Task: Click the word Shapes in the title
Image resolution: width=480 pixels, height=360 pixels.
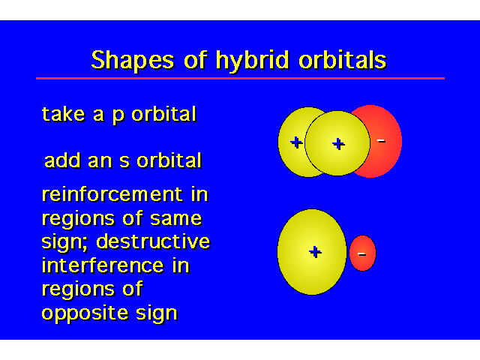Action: coord(133,60)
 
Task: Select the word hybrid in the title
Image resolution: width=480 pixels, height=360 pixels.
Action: coord(253,61)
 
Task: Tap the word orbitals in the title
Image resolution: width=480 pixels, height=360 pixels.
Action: coord(343,59)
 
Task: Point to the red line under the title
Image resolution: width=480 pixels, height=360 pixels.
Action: coord(240,78)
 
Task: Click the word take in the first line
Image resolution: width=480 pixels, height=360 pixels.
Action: coord(63,114)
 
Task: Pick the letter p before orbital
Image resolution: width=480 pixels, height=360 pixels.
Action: coord(118,117)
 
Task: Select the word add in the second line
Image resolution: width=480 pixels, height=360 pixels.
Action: coord(63,160)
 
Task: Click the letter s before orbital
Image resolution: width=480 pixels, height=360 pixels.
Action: coord(124,162)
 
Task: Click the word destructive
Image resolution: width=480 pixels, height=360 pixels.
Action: coord(153,241)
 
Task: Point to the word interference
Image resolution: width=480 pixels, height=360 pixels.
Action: coord(103,265)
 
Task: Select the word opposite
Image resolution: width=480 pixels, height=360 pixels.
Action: coord(85,313)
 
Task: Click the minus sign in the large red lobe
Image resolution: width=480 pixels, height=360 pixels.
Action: coord(381,141)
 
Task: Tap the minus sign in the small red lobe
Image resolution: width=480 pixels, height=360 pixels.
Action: coord(361,253)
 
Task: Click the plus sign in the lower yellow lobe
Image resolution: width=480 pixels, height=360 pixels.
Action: coord(315,252)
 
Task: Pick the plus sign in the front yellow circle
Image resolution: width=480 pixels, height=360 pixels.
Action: coord(338,144)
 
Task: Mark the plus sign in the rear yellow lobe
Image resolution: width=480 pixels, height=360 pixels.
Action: coord(296,142)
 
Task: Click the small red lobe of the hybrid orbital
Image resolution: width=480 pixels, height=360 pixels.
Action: coord(362,253)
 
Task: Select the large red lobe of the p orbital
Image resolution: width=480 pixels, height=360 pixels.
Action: coord(386,141)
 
